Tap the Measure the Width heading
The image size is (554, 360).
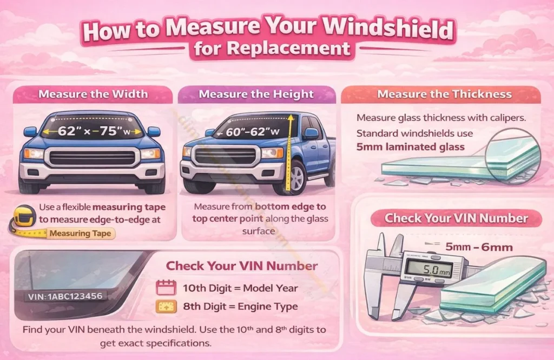click(x=93, y=94)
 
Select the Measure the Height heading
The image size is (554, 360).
click(x=256, y=94)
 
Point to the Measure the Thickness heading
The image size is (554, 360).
click(x=444, y=94)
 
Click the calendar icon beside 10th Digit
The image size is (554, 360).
click(x=163, y=287)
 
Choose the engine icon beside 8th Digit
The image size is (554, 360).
click(x=163, y=306)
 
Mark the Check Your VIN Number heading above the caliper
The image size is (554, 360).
click(x=456, y=219)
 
